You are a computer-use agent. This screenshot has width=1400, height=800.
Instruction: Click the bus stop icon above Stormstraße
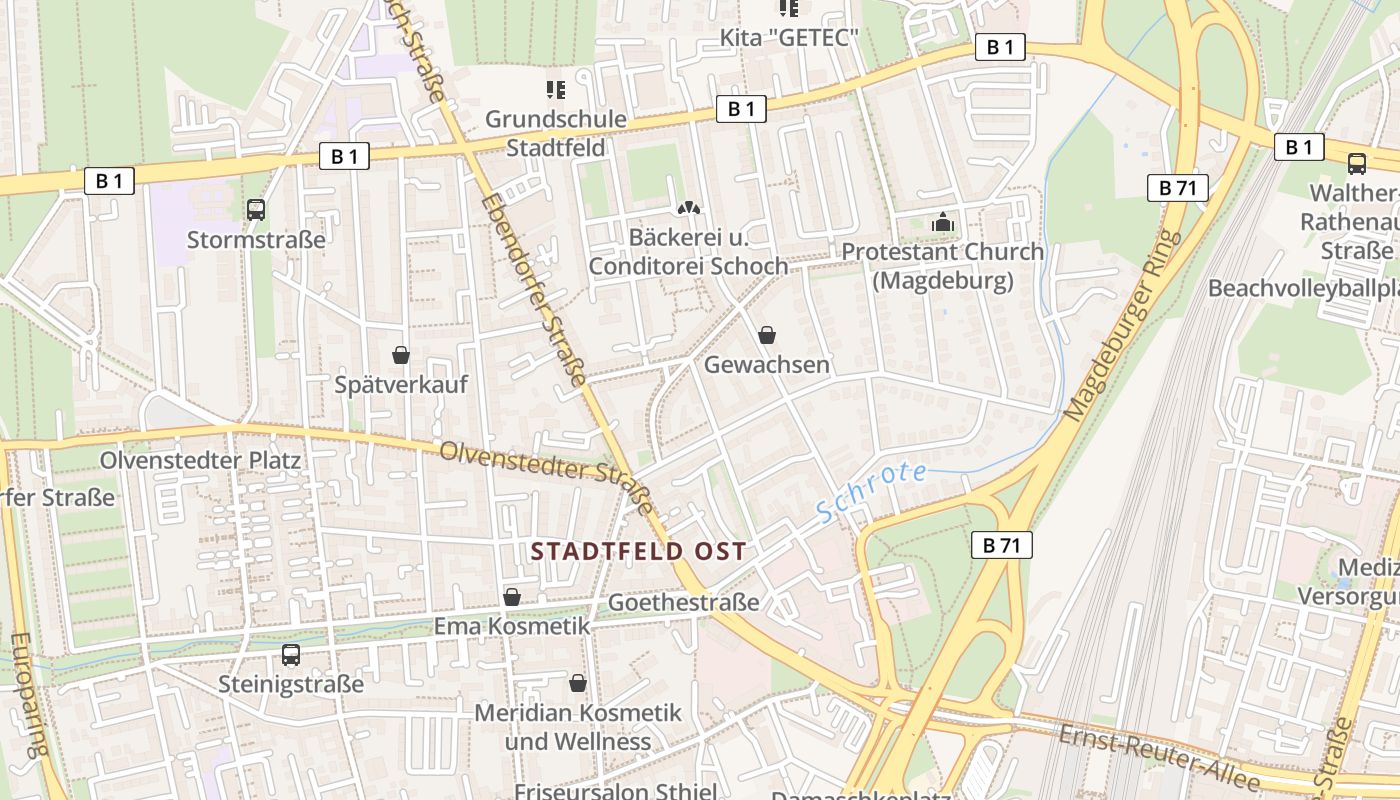click(256, 209)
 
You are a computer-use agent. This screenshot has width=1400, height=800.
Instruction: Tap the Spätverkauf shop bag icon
click(401, 355)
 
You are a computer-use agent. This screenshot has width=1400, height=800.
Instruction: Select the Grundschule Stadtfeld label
click(555, 133)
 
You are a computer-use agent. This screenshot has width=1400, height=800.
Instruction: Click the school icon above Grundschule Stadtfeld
click(556, 90)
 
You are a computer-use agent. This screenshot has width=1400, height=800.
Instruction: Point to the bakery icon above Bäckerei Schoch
click(688, 208)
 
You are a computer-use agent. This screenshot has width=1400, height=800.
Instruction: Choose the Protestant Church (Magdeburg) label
click(942, 266)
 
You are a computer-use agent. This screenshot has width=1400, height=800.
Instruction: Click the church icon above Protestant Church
click(943, 223)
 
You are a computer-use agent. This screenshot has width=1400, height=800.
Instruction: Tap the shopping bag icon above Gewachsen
click(767, 334)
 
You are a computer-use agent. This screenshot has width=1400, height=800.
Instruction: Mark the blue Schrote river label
click(872, 491)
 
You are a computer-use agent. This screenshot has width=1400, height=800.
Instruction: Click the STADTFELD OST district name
click(638, 551)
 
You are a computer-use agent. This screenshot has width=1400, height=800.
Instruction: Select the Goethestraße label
click(684, 602)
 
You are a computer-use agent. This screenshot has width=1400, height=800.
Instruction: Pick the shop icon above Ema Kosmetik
click(512, 597)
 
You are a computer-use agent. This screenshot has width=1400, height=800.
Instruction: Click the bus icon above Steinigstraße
click(291, 655)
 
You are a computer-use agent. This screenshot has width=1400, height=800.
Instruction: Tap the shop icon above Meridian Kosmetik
click(577, 683)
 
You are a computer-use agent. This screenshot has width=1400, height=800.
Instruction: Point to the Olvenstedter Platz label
click(200, 460)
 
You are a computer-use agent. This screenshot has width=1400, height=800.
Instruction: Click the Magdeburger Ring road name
click(1121, 325)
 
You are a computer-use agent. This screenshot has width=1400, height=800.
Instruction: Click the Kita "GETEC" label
click(790, 38)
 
